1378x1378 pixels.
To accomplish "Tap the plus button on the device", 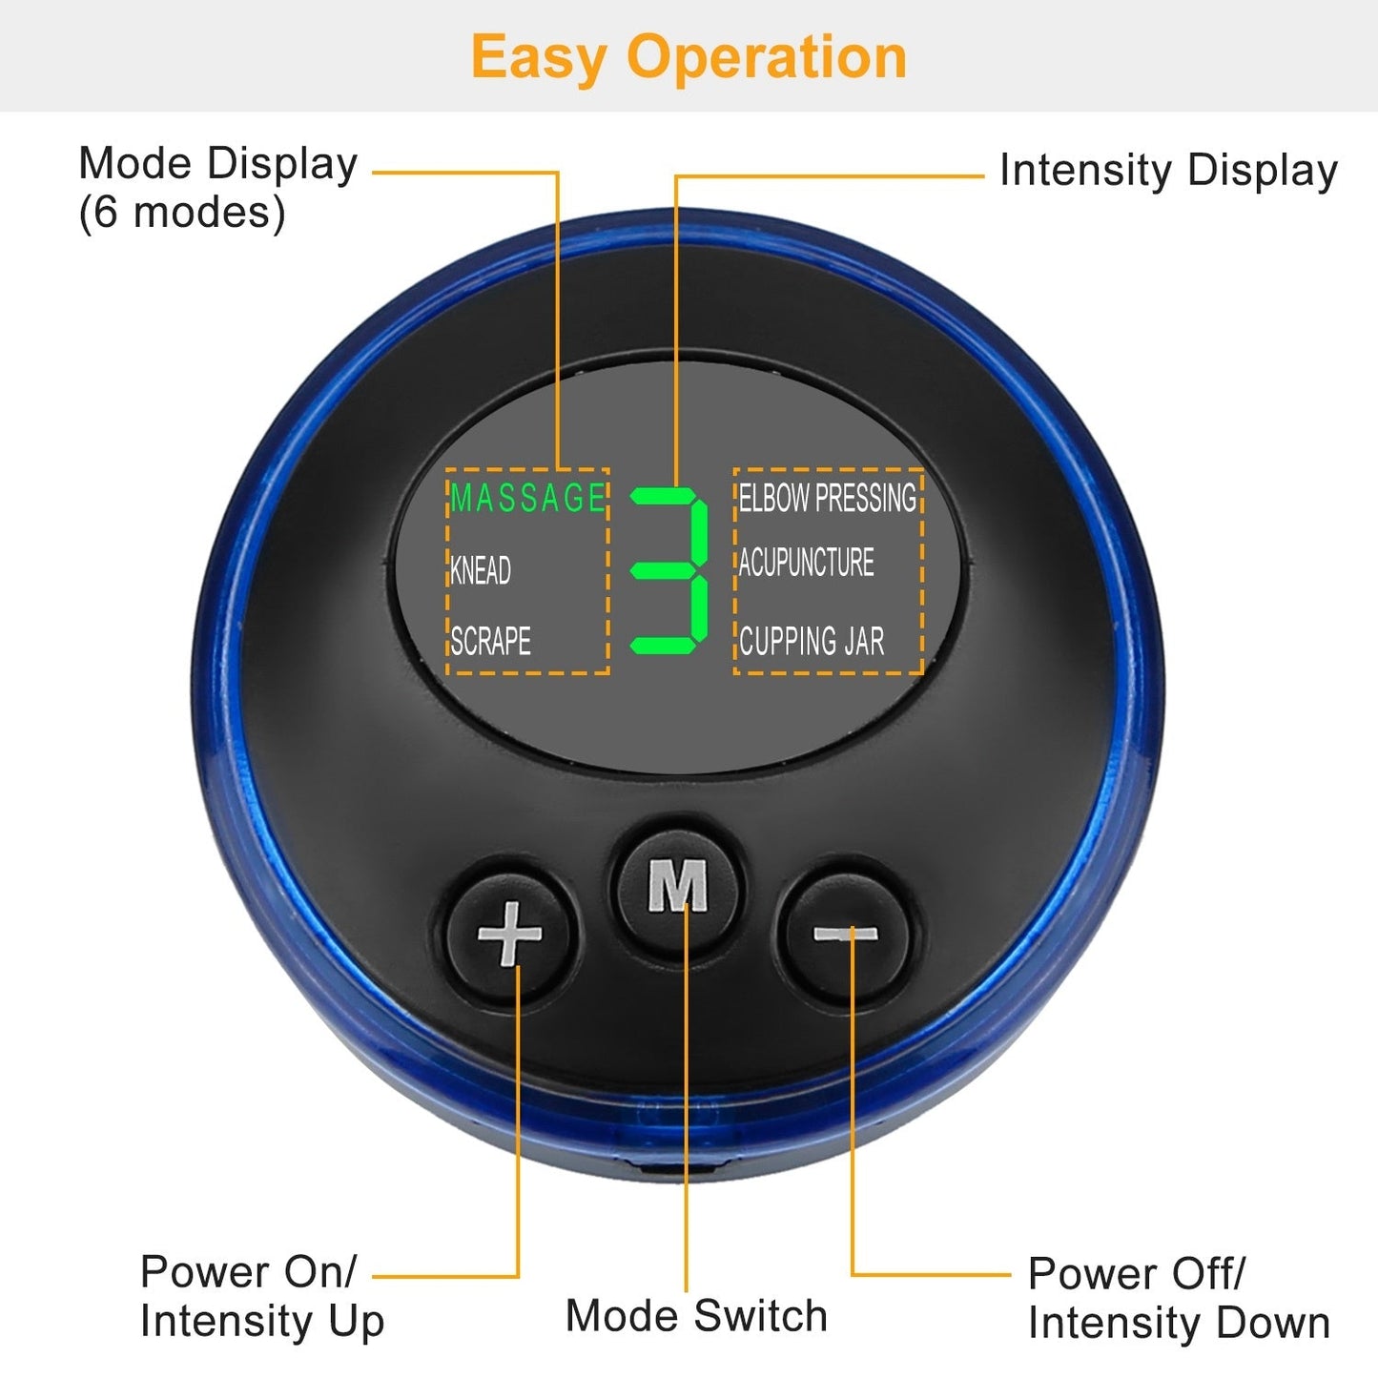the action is click(509, 934).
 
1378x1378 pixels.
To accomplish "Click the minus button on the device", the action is click(846, 934).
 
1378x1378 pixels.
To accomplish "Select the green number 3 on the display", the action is click(669, 570).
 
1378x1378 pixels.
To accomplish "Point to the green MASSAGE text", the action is click(528, 498).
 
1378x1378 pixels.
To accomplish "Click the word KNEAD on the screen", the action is click(481, 570).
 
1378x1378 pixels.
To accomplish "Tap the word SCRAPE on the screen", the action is click(490, 641).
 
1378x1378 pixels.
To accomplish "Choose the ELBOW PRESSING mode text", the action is click(828, 498).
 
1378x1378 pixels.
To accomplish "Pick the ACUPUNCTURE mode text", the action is click(807, 562).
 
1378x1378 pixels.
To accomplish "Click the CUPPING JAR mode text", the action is click(812, 641).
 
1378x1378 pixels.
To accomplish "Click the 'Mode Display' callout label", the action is click(218, 165).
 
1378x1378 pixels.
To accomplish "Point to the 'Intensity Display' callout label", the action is click(1168, 172).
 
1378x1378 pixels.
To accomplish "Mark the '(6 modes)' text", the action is click(182, 213).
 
